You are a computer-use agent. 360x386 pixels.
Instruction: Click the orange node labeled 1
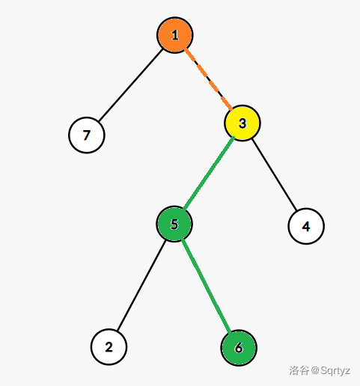pos(174,35)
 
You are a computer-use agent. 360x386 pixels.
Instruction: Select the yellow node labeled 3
pos(242,123)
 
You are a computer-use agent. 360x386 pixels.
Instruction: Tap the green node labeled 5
pos(174,224)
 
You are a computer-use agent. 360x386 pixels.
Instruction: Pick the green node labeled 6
pos(239,348)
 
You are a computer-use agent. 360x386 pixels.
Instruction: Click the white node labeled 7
pos(87,135)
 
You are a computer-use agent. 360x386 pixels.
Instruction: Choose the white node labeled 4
pos(306,226)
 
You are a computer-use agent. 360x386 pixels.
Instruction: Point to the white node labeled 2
pos(109,347)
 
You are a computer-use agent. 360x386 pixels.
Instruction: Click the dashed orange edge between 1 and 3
pos(208,79)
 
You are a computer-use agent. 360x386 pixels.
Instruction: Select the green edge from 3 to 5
pos(209,174)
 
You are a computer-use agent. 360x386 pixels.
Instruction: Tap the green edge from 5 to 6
pos(207,286)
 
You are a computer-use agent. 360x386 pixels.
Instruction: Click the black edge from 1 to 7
pos(131,85)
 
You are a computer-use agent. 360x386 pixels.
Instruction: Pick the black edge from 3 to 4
pos(275,174)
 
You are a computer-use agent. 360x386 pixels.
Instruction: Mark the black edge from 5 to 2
pos(141,286)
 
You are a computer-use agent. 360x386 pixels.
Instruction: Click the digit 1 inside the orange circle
pos(175,35)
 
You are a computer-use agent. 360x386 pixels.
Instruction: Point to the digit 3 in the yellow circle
pos(242,123)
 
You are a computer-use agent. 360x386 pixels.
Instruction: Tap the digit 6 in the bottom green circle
pos(239,348)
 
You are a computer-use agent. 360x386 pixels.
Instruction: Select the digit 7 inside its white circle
pos(87,135)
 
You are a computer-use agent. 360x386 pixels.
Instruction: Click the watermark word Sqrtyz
pos(335,371)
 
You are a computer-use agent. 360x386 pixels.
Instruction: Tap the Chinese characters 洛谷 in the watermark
pos(299,370)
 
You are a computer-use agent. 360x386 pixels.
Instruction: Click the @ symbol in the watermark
pos(315,371)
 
